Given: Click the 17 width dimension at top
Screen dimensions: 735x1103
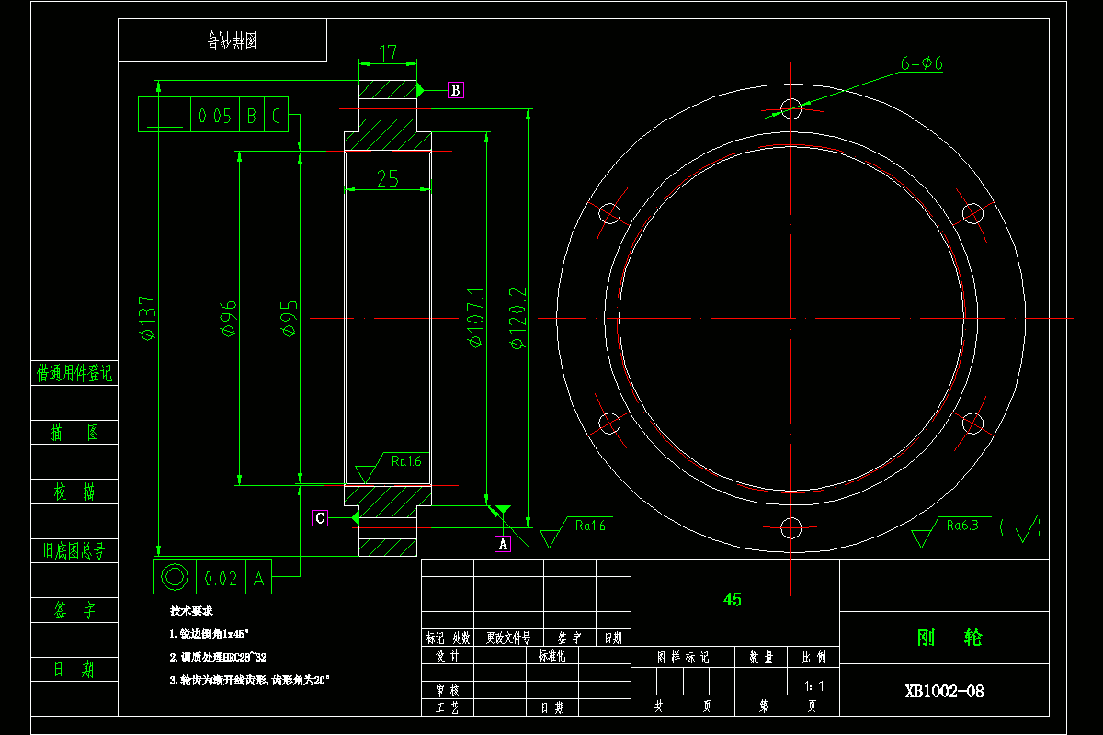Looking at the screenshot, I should click(x=388, y=54).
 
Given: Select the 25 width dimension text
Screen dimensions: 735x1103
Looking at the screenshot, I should click(x=388, y=179).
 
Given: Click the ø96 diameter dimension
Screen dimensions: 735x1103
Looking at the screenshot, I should click(x=229, y=318).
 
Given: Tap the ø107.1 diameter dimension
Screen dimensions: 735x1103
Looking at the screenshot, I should click(x=475, y=318).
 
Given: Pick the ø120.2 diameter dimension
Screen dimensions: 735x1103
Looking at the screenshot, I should click(x=517, y=318).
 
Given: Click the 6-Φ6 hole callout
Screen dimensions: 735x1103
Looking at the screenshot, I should click(x=922, y=63).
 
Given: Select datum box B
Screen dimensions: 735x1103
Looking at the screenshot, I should click(x=456, y=90).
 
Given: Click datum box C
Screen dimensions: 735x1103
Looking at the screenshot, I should click(x=320, y=518).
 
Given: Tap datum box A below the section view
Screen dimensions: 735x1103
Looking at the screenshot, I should click(x=503, y=544).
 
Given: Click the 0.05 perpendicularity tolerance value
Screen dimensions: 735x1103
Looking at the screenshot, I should click(x=215, y=116).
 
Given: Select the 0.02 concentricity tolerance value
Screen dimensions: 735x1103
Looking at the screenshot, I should click(x=221, y=578).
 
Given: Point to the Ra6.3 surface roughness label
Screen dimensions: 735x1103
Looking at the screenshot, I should click(x=962, y=526).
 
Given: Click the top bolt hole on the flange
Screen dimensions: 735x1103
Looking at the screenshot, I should click(x=790, y=108).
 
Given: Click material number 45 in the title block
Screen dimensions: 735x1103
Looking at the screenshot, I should click(x=733, y=600).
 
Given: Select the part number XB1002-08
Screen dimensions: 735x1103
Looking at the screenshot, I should click(x=944, y=691).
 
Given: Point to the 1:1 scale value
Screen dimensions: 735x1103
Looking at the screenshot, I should click(x=813, y=685).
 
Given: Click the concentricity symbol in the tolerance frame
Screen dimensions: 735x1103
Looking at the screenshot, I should click(x=174, y=577).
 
